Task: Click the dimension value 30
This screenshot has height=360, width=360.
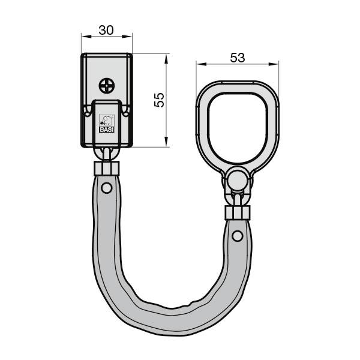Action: click(106, 28)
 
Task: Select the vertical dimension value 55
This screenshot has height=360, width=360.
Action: click(160, 100)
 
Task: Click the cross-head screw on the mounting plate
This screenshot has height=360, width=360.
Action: click(107, 85)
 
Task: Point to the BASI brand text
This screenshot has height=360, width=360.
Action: click(106, 128)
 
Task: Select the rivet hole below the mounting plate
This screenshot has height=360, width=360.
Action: click(106, 188)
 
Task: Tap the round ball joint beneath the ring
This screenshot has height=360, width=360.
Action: click(237, 179)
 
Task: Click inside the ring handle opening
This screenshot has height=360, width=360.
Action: click(238, 126)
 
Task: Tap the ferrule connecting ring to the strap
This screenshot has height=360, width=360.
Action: click(238, 212)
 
